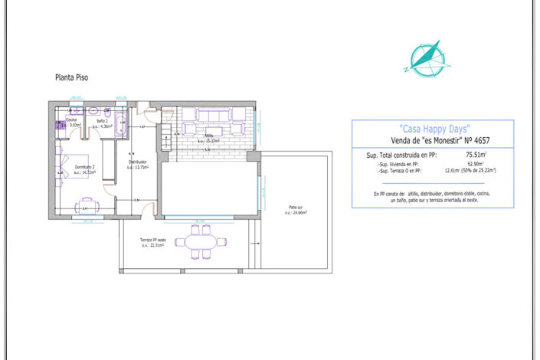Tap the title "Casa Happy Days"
pos(434,128)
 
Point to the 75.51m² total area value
pos(477,154)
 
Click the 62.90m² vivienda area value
pos(477,163)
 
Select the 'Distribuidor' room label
pos(137,163)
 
